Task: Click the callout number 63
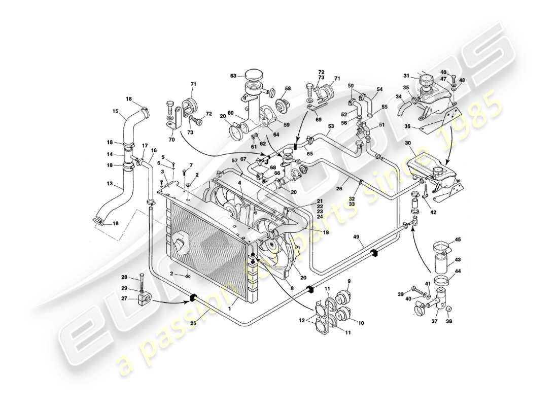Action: [233, 77]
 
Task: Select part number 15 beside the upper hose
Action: [116, 111]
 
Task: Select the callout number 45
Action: [458, 240]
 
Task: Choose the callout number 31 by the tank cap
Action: [406, 76]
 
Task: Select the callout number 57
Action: [234, 161]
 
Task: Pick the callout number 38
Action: [449, 322]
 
